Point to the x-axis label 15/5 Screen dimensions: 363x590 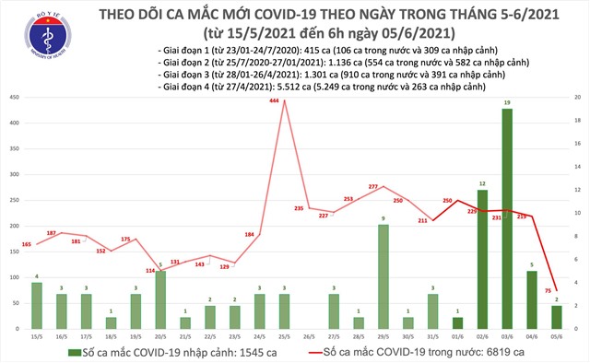[x=36, y=335]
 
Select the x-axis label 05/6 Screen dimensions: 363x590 [x=557, y=335]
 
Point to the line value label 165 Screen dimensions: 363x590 [x=26, y=243]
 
